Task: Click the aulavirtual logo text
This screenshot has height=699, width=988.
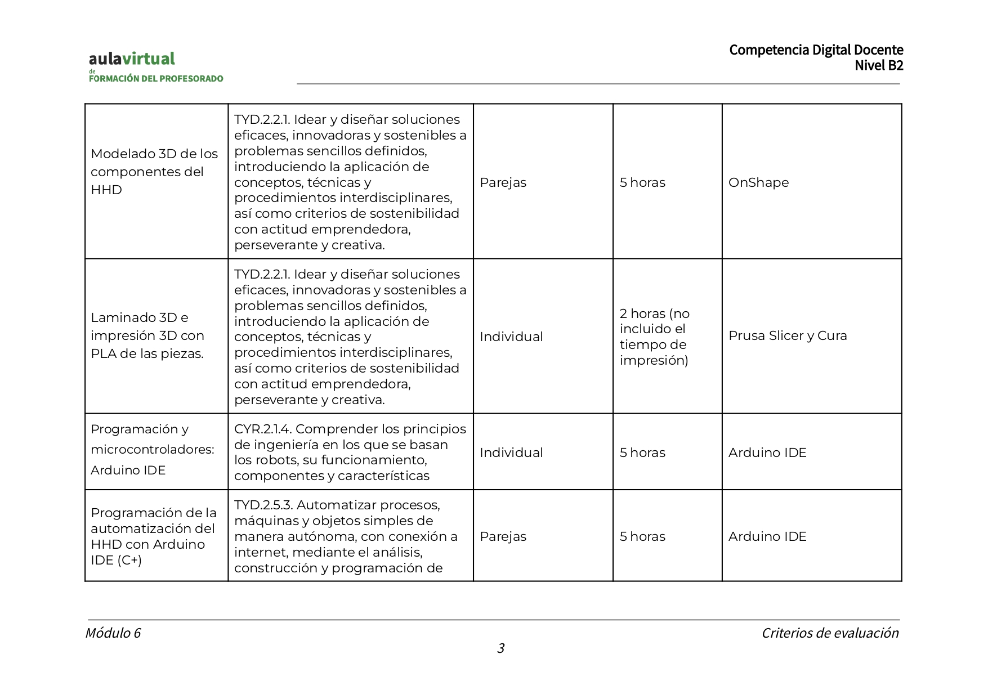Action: click(x=132, y=59)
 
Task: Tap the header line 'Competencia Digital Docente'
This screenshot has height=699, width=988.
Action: click(x=816, y=50)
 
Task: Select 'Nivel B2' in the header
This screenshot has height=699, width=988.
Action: click(x=878, y=65)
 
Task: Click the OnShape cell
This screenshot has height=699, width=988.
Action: click(x=758, y=182)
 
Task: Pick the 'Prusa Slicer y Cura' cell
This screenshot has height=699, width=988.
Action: click(x=787, y=335)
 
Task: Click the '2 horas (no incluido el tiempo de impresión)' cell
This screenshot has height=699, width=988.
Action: click(x=654, y=337)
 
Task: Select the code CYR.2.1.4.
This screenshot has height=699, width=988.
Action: click(x=262, y=429)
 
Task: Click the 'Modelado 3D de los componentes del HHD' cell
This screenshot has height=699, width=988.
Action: click(x=154, y=172)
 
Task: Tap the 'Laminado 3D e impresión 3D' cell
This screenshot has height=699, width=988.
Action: click(x=147, y=335)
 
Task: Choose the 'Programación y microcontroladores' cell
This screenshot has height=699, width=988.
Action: click(x=152, y=449)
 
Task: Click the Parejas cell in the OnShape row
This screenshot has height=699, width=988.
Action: click(x=503, y=182)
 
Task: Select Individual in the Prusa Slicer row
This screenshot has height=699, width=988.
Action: click(x=511, y=337)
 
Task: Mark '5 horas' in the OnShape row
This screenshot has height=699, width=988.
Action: click(x=642, y=182)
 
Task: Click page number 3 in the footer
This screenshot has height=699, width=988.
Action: click(x=500, y=648)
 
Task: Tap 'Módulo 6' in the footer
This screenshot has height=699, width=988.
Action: click(x=113, y=633)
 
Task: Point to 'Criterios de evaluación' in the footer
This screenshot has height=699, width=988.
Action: click(x=830, y=633)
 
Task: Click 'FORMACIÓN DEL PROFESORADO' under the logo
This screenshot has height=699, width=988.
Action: click(x=156, y=79)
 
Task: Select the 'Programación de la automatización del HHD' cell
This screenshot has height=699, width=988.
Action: click(x=153, y=536)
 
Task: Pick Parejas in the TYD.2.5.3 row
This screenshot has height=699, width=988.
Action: click(x=503, y=536)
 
